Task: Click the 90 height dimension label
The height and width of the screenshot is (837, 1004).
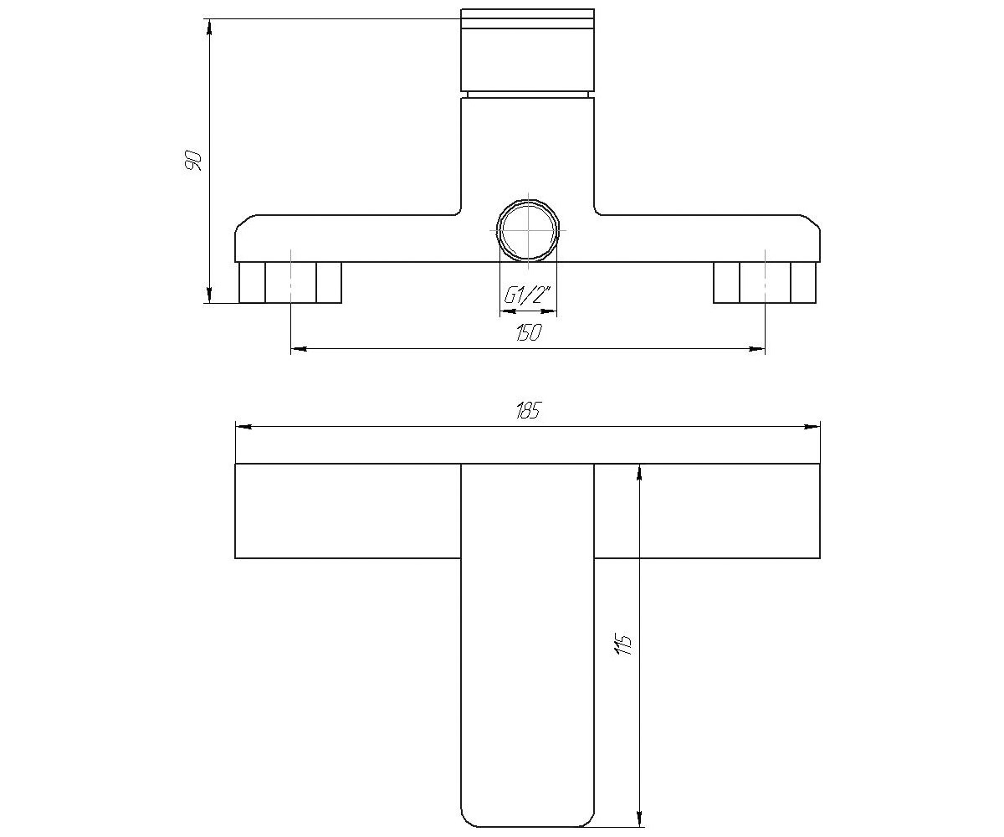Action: pos(193,161)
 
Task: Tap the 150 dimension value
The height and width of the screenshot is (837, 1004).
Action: pos(530,332)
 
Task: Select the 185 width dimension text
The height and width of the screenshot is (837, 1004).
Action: pos(529,411)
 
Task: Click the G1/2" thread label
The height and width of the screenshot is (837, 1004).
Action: pos(527,295)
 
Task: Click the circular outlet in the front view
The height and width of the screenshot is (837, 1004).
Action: pos(528,230)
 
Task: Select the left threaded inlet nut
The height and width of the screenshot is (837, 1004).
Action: pos(290,282)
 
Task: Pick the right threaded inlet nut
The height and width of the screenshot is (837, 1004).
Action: pos(765,282)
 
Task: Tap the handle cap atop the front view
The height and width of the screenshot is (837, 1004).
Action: pos(527,50)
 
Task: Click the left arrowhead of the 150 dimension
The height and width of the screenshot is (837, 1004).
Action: pos(299,349)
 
